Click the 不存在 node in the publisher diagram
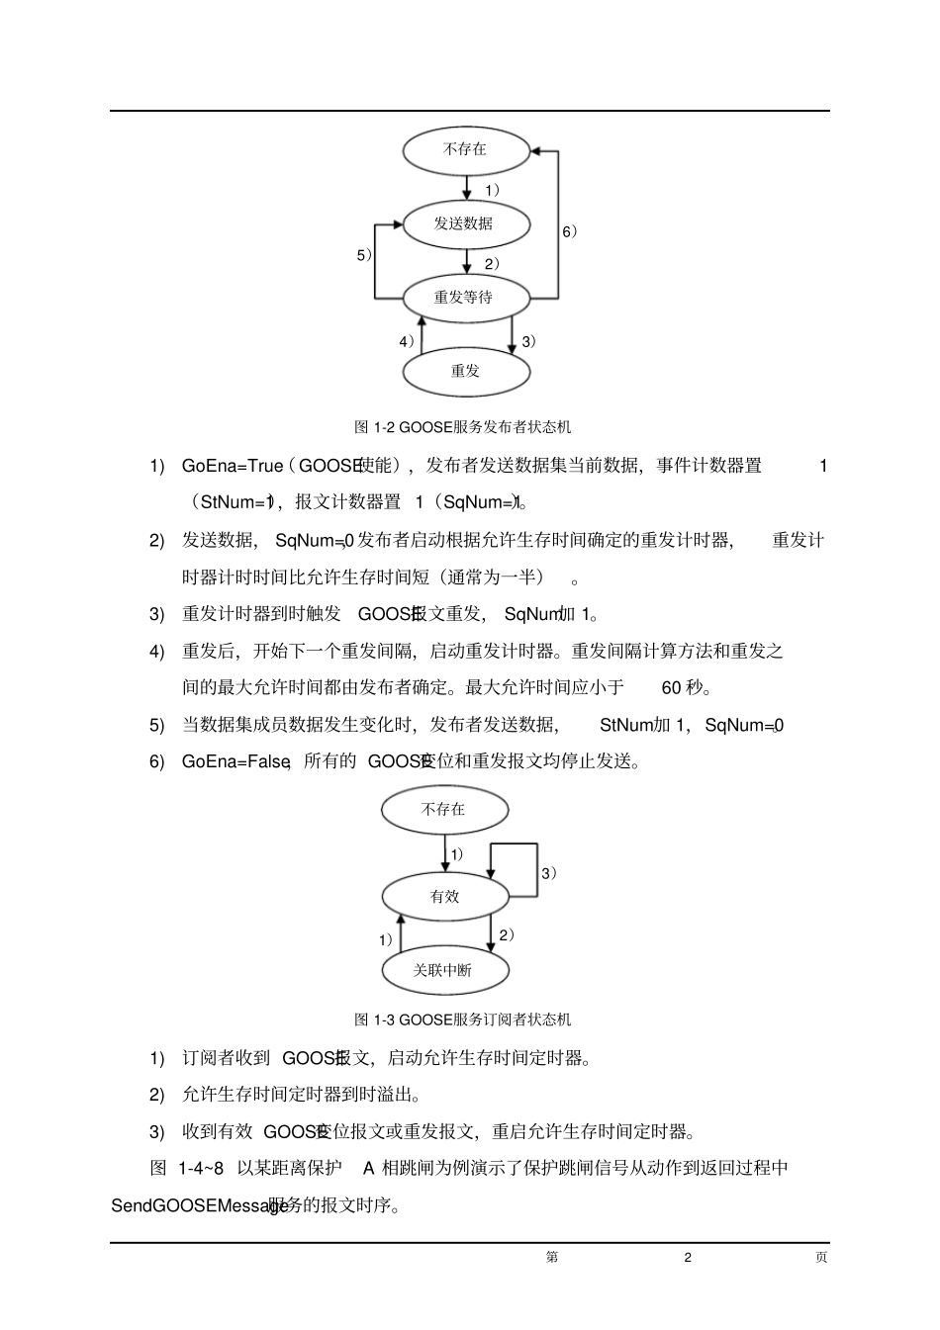465,149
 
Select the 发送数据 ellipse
465,223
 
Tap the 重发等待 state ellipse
465,297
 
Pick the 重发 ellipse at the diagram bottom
465,371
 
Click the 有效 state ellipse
445,897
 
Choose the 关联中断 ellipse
445,970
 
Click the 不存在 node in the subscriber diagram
444,809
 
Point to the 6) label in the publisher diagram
569,231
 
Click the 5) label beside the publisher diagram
364,255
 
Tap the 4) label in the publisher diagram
406,341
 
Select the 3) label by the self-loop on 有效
548,873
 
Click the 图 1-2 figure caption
462,427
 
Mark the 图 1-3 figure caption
462,1020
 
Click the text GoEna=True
232,466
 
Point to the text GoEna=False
235,761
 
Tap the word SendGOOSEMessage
199,1206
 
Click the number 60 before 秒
671,687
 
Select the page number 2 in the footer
688,1257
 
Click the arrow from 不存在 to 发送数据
468,188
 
